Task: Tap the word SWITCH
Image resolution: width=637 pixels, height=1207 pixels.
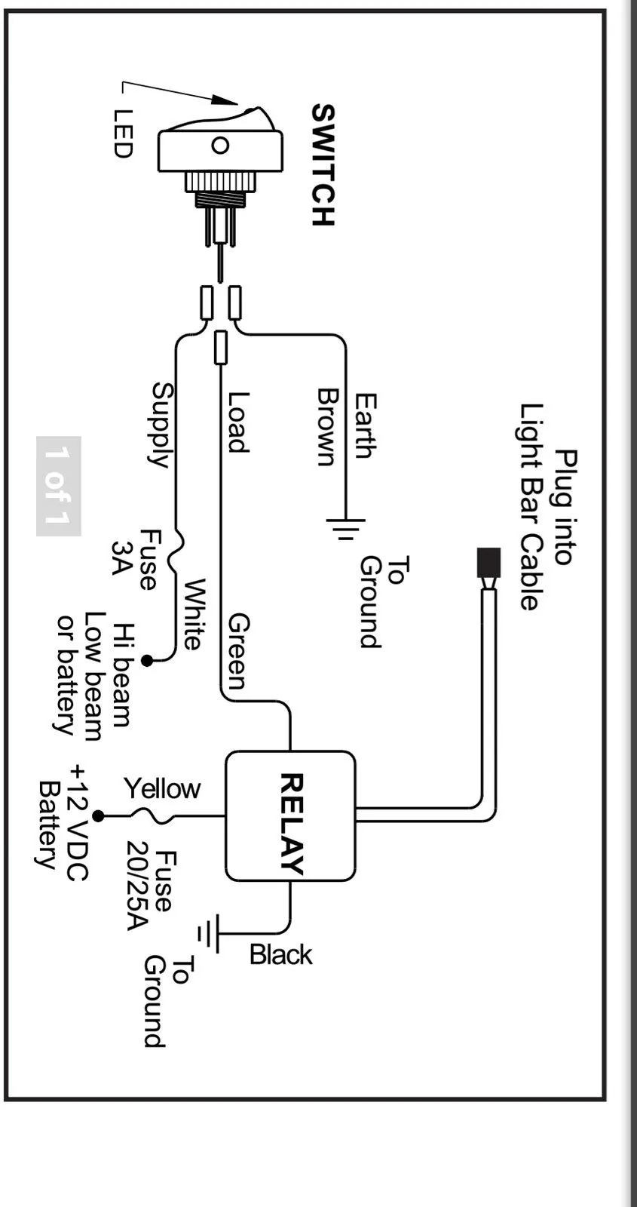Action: (323, 165)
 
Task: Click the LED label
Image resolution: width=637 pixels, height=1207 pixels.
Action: (123, 133)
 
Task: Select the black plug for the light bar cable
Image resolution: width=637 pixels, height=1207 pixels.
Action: (489, 563)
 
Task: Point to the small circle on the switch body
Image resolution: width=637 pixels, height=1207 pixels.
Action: (220, 146)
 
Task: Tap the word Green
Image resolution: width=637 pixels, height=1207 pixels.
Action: (237, 652)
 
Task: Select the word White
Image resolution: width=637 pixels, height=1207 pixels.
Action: (194, 614)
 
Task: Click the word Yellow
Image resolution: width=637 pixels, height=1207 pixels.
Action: (162, 789)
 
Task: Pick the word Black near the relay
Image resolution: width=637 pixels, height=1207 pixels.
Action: (280, 955)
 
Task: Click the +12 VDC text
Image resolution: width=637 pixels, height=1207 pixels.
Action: (78, 822)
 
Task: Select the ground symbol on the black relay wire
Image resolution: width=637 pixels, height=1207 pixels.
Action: (208, 932)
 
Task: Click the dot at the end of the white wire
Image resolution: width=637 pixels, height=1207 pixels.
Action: (147, 660)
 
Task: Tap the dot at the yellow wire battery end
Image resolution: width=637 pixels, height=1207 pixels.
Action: (98, 816)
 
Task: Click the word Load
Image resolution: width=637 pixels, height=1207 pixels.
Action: (237, 422)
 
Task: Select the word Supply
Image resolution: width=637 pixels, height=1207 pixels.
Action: (161, 425)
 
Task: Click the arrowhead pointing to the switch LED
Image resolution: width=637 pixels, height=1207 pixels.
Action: (225, 100)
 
